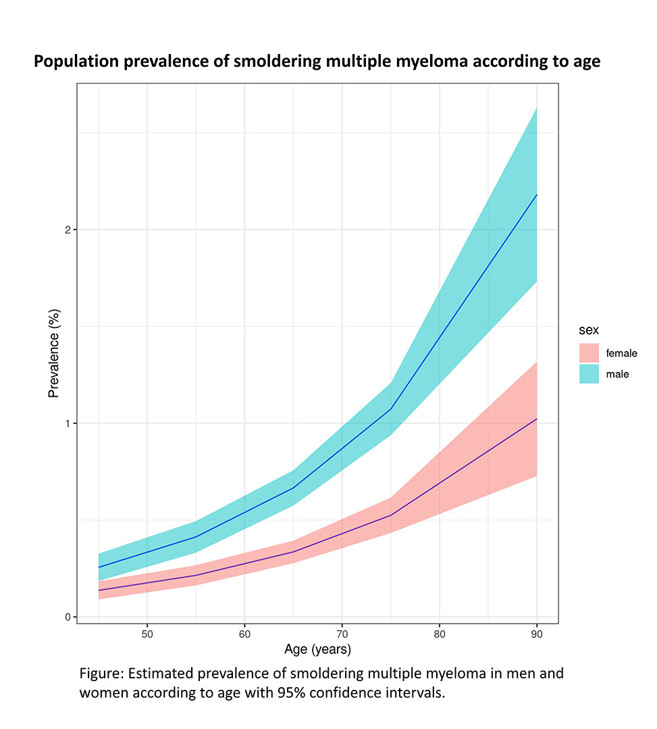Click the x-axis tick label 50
pyautogui.click(x=147, y=634)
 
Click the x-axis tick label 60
pyautogui.click(x=244, y=634)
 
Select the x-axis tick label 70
pyautogui.click(x=342, y=634)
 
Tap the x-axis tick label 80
pyautogui.click(x=440, y=634)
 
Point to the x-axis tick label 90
pyautogui.click(x=537, y=634)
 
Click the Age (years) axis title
pyautogui.click(x=317, y=650)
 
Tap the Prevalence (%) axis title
pyautogui.click(x=54, y=353)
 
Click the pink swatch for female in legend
pyautogui.click(x=589, y=353)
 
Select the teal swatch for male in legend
pyautogui.click(x=589, y=374)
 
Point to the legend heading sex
pyautogui.click(x=589, y=331)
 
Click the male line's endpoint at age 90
pyautogui.click(x=537, y=194)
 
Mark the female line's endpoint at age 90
pyautogui.click(x=537, y=419)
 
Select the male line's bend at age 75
pyautogui.click(x=390, y=409)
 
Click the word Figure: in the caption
pyautogui.click(x=101, y=674)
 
